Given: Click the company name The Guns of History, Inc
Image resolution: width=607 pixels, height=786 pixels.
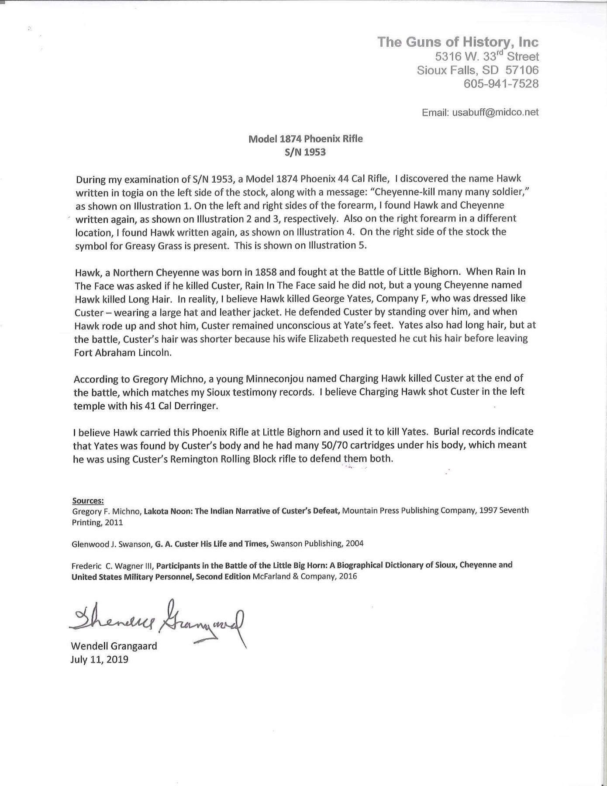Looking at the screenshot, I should [x=458, y=42].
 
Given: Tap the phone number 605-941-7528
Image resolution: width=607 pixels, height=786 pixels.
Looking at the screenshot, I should [x=501, y=83].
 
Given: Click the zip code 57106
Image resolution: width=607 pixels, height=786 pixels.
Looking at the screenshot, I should [x=522, y=70].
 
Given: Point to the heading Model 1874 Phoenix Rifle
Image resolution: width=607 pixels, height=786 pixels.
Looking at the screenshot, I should [x=305, y=139].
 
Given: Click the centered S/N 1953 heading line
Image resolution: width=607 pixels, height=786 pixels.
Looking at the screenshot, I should [x=305, y=152].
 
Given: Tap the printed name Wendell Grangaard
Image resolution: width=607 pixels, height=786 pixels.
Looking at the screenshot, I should [x=114, y=646].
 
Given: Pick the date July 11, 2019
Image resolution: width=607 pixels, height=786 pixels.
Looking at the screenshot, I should [x=100, y=659].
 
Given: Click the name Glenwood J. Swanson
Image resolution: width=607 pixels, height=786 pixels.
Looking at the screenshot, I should [x=110, y=544].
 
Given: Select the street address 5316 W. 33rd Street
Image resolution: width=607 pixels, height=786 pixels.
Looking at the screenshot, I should [x=487, y=56].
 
